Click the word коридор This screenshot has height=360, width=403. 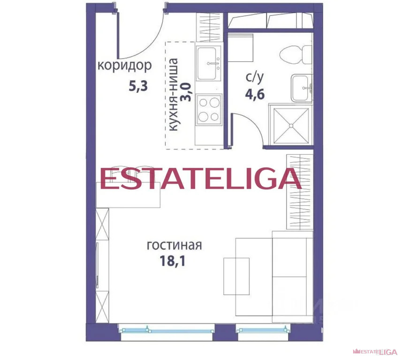click(124, 66)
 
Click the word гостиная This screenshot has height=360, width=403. click(174, 245)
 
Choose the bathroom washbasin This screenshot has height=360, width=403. click(301, 87)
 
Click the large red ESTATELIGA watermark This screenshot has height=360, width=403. click(200, 178)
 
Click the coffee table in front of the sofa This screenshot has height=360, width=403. click(236, 276)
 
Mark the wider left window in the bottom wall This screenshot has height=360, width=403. click(167, 330)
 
